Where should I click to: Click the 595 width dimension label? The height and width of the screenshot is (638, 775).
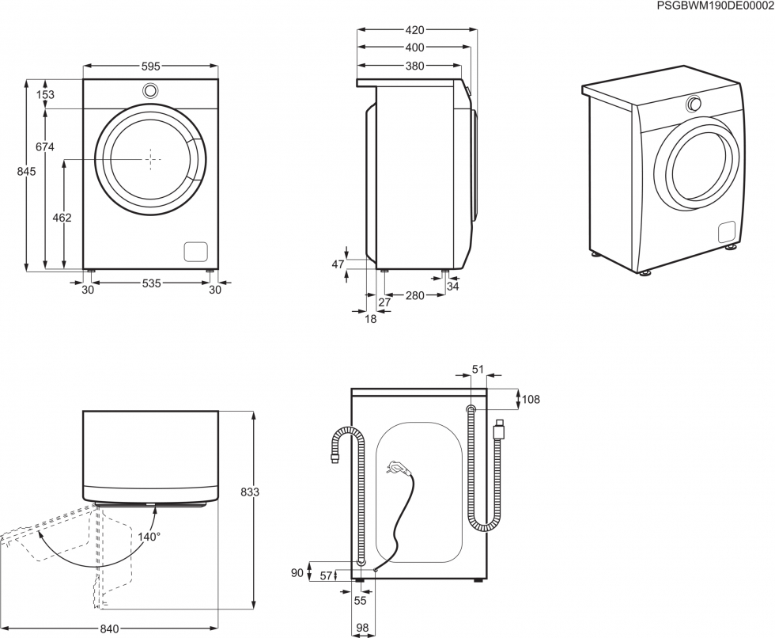150,67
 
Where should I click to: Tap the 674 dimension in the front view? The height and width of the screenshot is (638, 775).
46,146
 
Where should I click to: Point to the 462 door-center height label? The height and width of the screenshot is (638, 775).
62,218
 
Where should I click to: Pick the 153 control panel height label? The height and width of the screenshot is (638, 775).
46,95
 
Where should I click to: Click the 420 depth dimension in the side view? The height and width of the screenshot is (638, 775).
415,31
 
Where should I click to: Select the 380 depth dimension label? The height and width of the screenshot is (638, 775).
415,66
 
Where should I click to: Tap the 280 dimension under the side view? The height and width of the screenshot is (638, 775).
414,295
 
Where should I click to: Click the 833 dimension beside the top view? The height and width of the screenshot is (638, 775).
250,492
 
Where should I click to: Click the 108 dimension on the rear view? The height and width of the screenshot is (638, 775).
530,400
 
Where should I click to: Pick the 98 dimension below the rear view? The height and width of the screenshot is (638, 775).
361,628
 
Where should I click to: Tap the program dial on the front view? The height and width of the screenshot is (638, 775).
150,90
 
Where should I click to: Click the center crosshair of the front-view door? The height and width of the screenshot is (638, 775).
150,159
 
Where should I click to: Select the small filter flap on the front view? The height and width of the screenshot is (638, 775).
195,251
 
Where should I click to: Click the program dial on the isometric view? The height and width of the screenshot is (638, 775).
694,104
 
